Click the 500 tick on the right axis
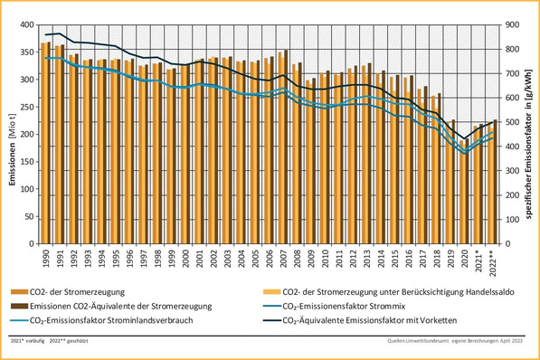pyautogui.click(x=508, y=121)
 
